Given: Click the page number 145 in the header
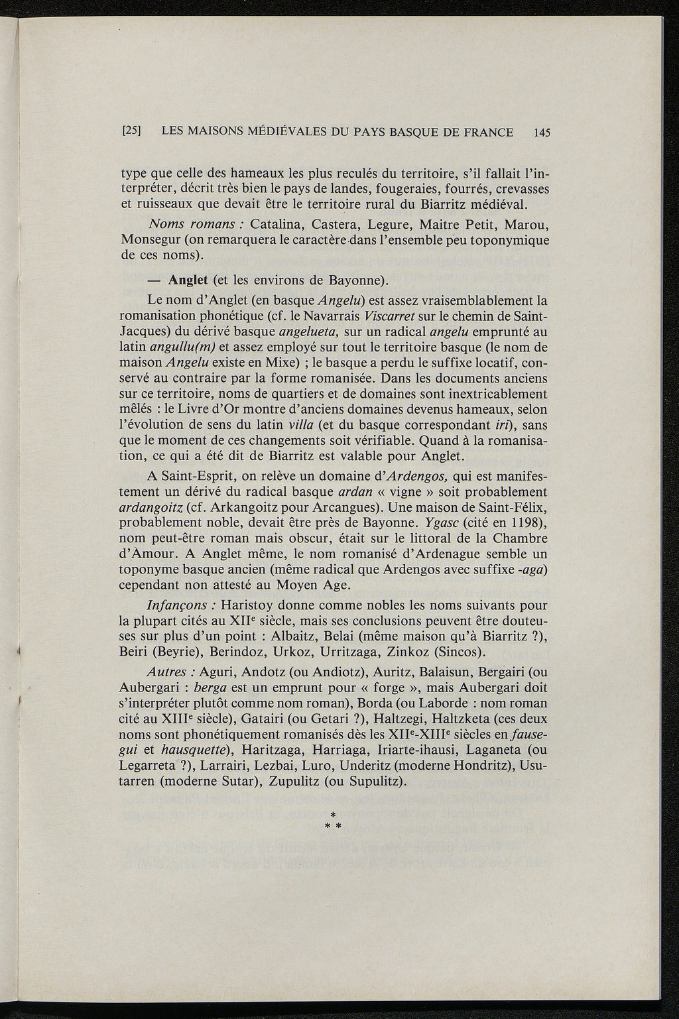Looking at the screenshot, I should click(x=542, y=132).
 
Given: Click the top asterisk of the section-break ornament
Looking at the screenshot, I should click(x=334, y=813).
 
